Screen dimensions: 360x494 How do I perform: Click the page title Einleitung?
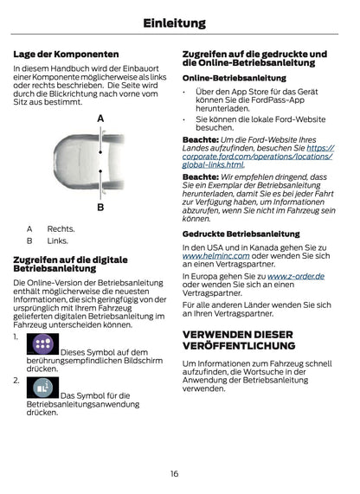(180, 23)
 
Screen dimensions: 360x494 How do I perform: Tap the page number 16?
(174, 473)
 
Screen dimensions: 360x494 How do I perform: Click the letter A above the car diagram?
(100, 118)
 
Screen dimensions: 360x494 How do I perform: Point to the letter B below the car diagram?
(100, 208)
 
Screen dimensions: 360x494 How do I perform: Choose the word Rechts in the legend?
(61, 229)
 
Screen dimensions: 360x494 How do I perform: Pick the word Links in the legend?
(57, 241)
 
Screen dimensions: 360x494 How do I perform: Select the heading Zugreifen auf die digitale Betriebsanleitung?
(70, 264)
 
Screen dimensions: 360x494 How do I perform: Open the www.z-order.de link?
(296, 276)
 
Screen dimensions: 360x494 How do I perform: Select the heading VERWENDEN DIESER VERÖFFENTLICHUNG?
(238, 341)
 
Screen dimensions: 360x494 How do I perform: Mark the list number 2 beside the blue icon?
(16, 380)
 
